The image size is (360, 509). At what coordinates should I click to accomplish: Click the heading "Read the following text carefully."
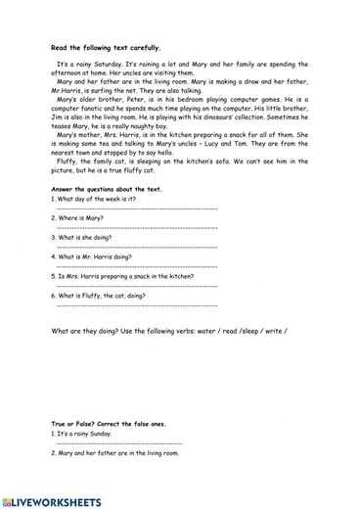pyautogui.click(x=106, y=46)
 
